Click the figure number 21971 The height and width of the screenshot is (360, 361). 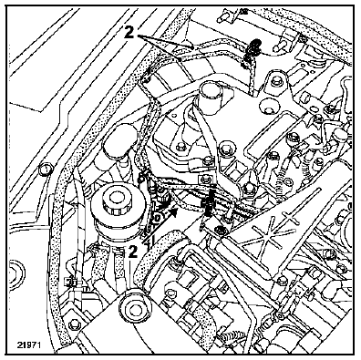(x=29, y=345)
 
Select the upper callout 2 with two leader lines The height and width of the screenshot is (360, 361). (x=129, y=33)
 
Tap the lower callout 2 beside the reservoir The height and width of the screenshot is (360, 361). (x=132, y=252)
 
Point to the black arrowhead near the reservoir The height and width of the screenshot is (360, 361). (x=173, y=211)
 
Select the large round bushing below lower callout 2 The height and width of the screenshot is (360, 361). (x=135, y=307)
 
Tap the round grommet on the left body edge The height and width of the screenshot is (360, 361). (x=46, y=170)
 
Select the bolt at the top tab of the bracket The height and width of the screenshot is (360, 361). (x=275, y=81)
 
